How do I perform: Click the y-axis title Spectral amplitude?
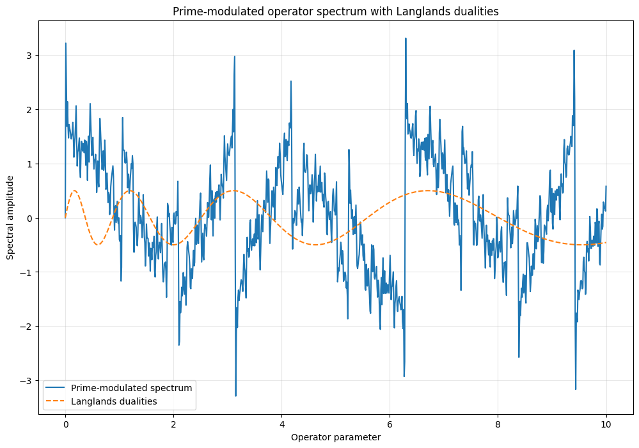[x=11, y=218]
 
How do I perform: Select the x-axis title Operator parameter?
[x=336, y=437]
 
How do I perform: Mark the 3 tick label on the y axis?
[x=29, y=56]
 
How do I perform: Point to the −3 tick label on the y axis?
[x=27, y=381]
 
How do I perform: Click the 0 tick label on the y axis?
[x=29, y=218]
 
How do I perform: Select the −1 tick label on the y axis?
[x=27, y=272]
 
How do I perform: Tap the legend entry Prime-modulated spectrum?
[x=132, y=388]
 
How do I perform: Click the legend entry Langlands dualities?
[x=114, y=401]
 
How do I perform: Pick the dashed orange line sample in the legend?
[x=56, y=401]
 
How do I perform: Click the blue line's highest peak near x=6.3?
[x=406, y=38]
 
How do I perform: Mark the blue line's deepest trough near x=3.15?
[x=235, y=396]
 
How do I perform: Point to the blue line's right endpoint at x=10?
[x=606, y=187]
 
